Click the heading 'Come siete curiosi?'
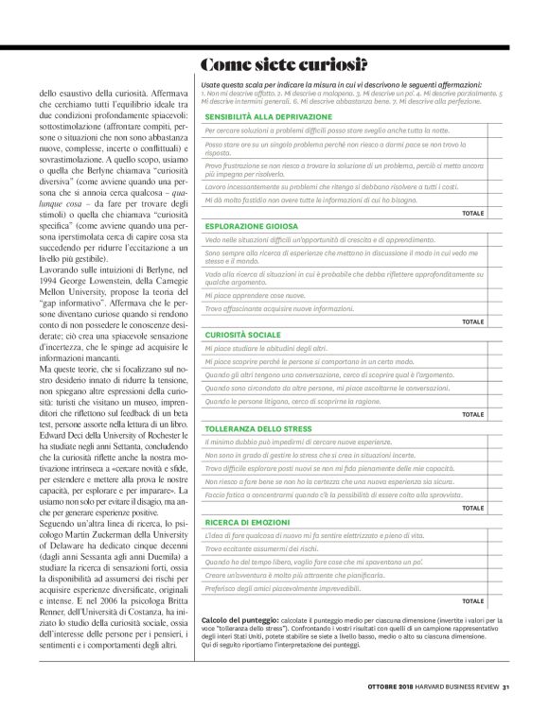point(283,65)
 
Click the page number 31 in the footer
point(506,686)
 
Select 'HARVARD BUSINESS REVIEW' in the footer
point(453,686)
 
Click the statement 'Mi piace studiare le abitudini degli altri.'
point(266,349)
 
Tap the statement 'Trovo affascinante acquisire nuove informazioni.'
point(281,308)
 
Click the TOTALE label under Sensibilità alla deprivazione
point(472,214)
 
